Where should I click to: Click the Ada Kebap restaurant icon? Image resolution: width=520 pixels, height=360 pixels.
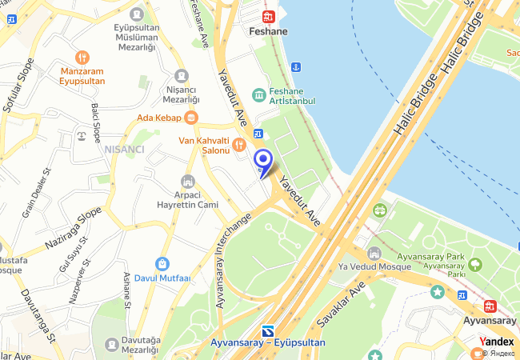[190, 118]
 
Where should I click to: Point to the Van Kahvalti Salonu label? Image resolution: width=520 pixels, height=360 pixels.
[203, 145]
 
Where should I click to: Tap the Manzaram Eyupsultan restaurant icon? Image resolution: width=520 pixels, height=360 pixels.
[82, 58]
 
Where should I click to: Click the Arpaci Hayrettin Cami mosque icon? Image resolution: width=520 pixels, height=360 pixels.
[188, 182]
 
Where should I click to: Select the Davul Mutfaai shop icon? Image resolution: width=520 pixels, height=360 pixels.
[162, 263]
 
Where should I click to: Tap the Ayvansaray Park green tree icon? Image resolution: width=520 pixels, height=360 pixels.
[475, 263]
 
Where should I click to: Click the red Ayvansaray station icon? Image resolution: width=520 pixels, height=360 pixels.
[490, 306]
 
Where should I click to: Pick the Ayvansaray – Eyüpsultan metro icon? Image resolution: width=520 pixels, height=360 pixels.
[268, 330]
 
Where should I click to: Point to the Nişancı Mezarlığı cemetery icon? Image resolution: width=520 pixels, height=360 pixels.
[182, 76]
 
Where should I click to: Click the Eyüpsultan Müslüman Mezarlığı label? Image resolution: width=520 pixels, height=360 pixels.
[135, 36]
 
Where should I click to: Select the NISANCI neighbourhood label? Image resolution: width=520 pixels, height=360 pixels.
[123, 150]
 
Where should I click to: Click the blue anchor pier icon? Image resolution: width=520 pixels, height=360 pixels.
[295, 66]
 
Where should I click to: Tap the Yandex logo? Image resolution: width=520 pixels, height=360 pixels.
[497, 342]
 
